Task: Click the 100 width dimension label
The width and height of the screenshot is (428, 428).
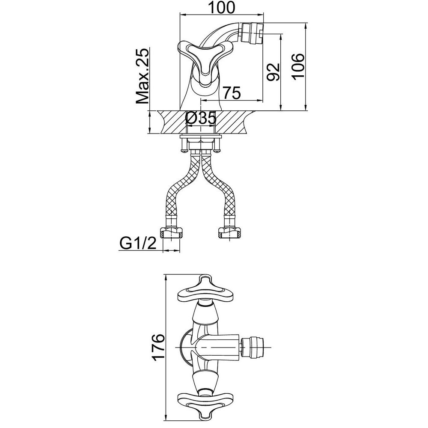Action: coord(221,7)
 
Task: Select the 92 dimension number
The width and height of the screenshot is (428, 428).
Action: coord(273,71)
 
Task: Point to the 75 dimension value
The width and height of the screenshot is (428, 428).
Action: coord(232,92)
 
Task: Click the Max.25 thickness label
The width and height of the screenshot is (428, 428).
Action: coord(143,76)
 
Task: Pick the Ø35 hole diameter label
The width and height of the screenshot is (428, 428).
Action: coord(201,118)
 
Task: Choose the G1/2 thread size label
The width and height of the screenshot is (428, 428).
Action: coord(138,243)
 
